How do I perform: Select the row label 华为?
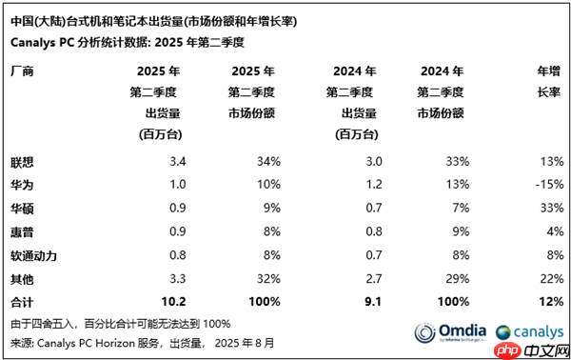pos(22,182)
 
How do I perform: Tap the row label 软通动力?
pos(34,254)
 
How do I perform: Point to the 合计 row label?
pos(22,302)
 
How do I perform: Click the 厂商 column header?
pos(22,70)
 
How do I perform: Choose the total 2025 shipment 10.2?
pos(161,302)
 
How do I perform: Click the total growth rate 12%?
pos(549,302)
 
